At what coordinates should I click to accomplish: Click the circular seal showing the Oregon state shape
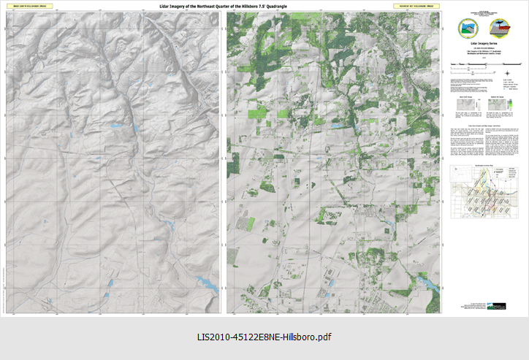tap(466, 28)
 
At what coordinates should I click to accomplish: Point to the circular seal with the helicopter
tap(502, 28)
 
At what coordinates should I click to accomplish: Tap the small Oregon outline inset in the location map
tap(459, 174)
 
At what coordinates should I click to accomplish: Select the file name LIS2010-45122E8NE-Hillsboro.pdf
tap(264, 337)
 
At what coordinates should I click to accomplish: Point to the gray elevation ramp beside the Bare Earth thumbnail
tap(479, 107)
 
